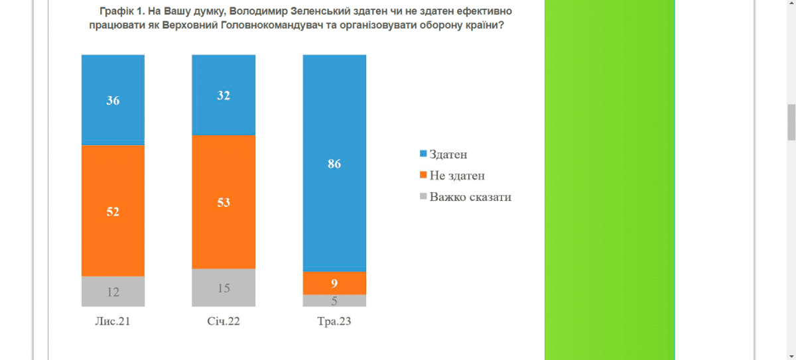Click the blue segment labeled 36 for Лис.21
click(x=113, y=99)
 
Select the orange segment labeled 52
click(x=113, y=211)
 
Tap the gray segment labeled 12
click(x=113, y=291)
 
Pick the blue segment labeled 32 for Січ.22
click(x=224, y=95)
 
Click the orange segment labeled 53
click(x=224, y=202)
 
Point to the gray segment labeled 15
click(x=224, y=288)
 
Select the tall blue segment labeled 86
click(x=334, y=163)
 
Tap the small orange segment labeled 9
click(x=334, y=283)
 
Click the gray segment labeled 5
click(x=334, y=300)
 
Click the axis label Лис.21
click(x=113, y=323)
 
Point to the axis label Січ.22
click(x=224, y=323)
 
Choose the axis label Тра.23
click(x=334, y=323)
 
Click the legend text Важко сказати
click(x=470, y=197)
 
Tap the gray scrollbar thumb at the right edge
click(x=791, y=122)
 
